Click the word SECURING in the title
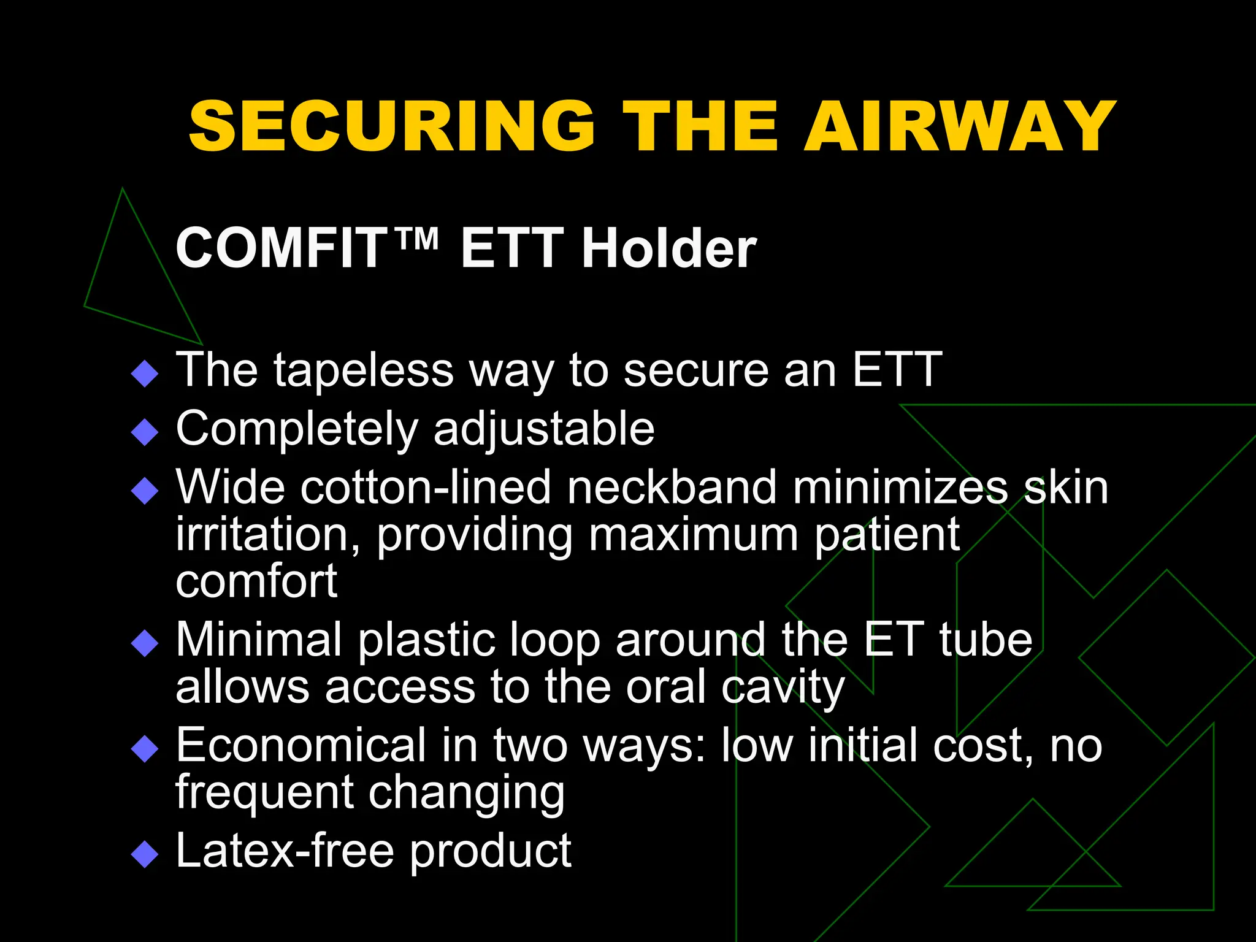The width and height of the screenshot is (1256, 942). (x=392, y=126)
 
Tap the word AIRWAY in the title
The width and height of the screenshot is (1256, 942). (x=960, y=126)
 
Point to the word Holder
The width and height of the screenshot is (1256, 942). (x=669, y=248)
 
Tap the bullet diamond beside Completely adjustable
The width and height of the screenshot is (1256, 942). (x=145, y=432)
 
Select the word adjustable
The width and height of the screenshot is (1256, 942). (x=544, y=429)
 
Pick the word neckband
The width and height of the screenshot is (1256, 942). (x=672, y=488)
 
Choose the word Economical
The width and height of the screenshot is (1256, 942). (x=301, y=746)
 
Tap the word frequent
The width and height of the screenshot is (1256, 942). (x=264, y=792)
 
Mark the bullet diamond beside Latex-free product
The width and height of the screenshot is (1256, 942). (x=145, y=855)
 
